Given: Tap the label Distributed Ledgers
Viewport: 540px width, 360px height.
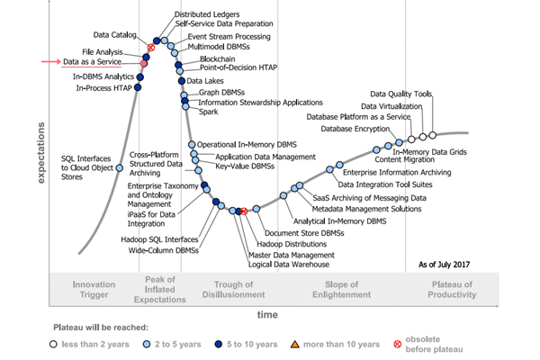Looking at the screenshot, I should click(208, 15).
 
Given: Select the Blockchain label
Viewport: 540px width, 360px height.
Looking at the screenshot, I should click(204, 58).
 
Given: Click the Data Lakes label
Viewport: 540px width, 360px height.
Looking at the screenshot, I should click(205, 81).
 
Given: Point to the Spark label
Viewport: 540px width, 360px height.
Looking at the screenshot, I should click(209, 112).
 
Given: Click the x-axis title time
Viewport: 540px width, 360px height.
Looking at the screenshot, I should click(267, 314).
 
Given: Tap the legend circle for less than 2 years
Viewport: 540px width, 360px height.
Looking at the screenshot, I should click(56, 344).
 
